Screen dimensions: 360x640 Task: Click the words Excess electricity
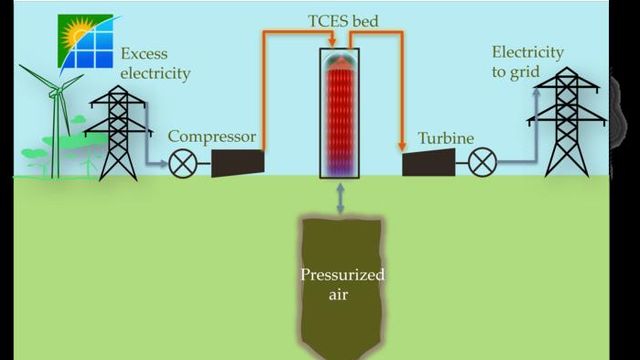(x=154, y=64)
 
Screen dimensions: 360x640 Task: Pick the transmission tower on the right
(x=566, y=125)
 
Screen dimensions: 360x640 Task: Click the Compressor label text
(x=212, y=137)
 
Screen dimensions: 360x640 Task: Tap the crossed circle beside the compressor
(x=184, y=163)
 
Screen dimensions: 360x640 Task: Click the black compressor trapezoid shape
(x=238, y=162)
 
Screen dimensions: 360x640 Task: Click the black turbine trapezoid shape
(x=429, y=162)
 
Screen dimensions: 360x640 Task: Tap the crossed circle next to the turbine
(x=483, y=162)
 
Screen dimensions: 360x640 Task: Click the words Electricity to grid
(x=527, y=62)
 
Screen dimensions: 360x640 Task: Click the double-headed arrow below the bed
(x=342, y=198)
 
